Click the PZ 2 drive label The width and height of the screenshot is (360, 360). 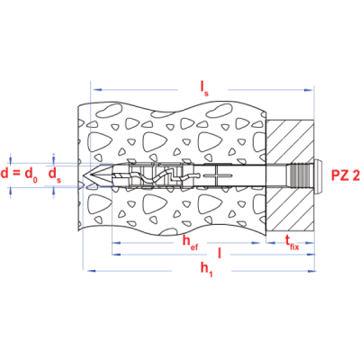coord(345,175)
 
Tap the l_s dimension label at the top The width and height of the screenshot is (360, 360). coord(204,89)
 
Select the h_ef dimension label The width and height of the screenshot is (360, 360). coord(191,242)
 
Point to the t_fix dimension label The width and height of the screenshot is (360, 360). coord(292,242)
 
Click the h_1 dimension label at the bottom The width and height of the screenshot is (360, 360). coord(207,269)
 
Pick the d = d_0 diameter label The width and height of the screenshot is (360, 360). coord(19,175)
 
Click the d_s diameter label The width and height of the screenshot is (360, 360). coord(55,175)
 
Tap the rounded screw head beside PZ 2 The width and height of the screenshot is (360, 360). coord(319,175)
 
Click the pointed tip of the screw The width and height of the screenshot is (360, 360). coord(83,175)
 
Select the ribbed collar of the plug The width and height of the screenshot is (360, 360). coord(298,175)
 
